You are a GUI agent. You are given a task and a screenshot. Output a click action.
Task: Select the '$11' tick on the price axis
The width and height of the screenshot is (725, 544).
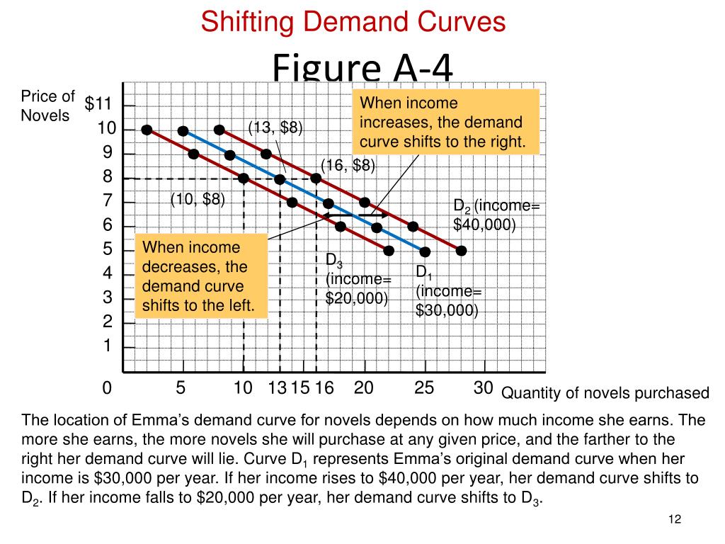click(x=98, y=105)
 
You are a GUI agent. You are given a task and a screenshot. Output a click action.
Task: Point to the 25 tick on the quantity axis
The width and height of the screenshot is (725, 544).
click(x=423, y=387)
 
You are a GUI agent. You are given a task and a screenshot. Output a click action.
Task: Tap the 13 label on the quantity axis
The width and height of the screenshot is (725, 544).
click(x=277, y=388)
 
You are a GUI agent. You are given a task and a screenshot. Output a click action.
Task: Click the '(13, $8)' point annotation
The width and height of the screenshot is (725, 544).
click(x=275, y=128)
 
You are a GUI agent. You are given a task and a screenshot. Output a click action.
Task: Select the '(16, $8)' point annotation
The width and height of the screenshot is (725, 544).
click(x=348, y=165)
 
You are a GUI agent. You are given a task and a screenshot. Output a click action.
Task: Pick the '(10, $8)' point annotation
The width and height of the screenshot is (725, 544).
click(x=198, y=200)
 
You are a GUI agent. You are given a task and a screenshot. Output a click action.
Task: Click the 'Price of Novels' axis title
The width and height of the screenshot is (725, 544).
click(x=47, y=106)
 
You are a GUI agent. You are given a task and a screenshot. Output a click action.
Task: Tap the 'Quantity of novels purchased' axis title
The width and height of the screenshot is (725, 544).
click(x=605, y=393)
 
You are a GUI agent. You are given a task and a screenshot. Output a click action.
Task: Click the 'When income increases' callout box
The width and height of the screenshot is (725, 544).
click(x=445, y=122)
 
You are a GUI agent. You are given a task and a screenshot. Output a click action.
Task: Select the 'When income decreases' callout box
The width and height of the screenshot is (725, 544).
click(x=200, y=277)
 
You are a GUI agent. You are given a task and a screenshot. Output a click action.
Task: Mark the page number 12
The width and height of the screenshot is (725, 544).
click(x=674, y=521)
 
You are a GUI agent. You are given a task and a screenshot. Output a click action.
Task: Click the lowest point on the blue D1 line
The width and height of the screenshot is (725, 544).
click(x=425, y=251)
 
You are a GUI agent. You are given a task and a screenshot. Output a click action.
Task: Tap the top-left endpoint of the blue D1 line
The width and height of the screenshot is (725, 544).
click(x=183, y=131)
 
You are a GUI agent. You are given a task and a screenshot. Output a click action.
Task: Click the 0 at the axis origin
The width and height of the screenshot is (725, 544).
click(x=107, y=388)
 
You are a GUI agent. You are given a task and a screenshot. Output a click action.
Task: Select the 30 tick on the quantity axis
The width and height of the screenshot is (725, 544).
click(x=483, y=387)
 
